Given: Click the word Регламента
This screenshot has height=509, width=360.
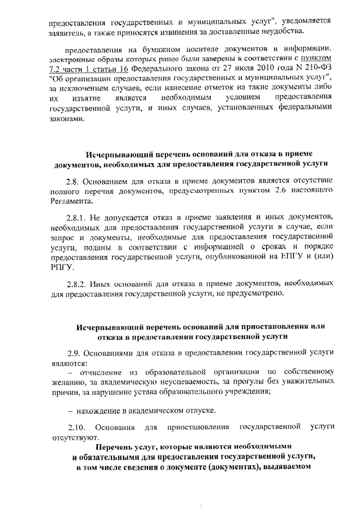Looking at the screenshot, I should [x=69, y=201].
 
